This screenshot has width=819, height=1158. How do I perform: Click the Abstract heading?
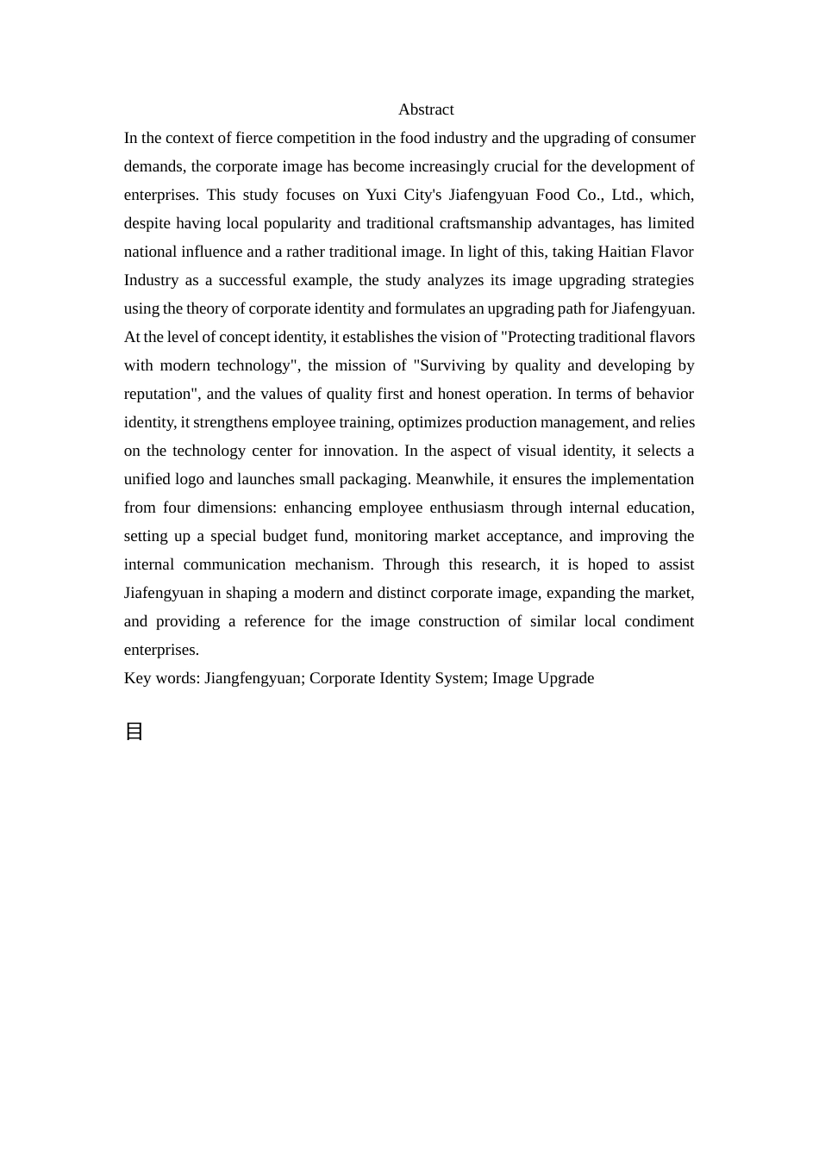click(426, 109)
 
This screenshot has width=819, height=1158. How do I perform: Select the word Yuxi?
click(381, 195)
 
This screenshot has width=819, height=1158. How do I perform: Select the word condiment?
click(659, 621)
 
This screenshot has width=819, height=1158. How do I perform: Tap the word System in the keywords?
click(459, 678)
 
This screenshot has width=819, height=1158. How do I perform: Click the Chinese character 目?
click(134, 732)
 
